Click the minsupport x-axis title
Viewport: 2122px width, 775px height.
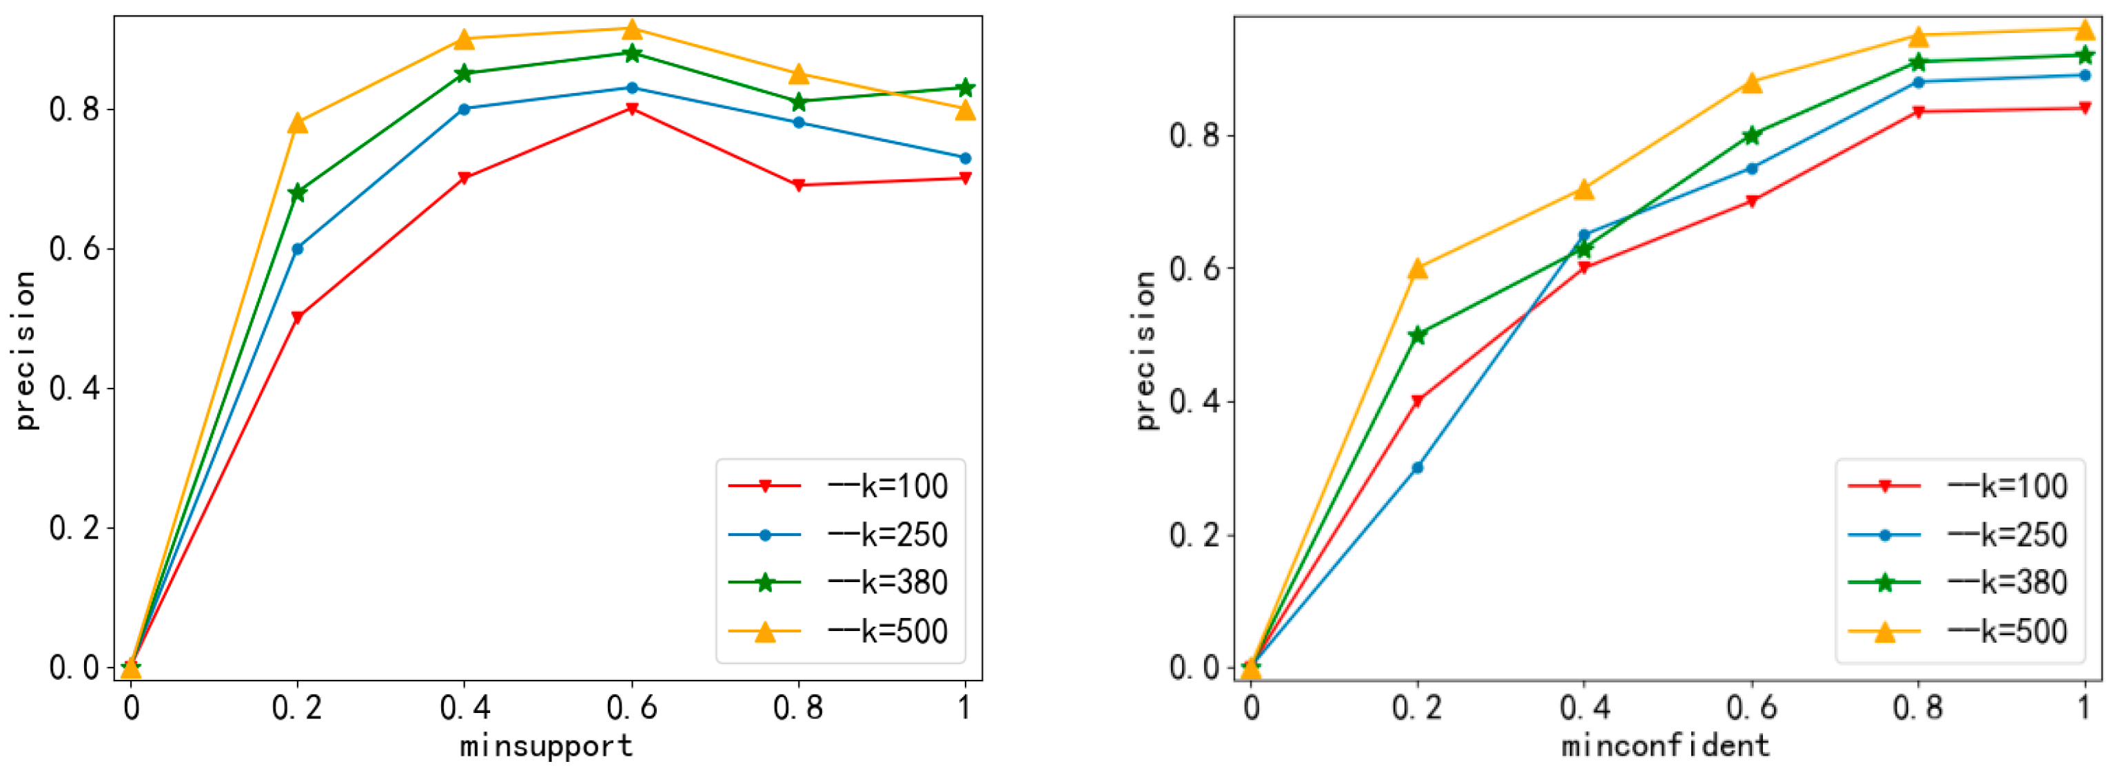click(x=546, y=745)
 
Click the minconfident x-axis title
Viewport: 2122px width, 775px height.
click(x=1666, y=745)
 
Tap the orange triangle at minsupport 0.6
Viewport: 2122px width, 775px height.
click(x=632, y=30)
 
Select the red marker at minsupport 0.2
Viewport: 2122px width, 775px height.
click(x=297, y=317)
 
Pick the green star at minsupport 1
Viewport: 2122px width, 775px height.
click(x=966, y=87)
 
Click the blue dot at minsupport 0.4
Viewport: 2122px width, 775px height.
click(x=464, y=109)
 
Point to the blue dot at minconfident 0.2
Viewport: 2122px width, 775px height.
click(x=1418, y=468)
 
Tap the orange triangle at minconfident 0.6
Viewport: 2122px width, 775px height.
click(x=1752, y=83)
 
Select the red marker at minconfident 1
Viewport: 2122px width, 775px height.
click(x=2085, y=108)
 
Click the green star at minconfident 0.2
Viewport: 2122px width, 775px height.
click(x=1418, y=335)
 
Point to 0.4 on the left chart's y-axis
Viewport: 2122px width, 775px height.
click(x=74, y=388)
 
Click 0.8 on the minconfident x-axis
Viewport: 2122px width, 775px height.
click(x=1918, y=707)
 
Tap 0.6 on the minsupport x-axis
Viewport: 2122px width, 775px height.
click(x=632, y=707)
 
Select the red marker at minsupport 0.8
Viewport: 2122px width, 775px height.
click(x=798, y=185)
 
